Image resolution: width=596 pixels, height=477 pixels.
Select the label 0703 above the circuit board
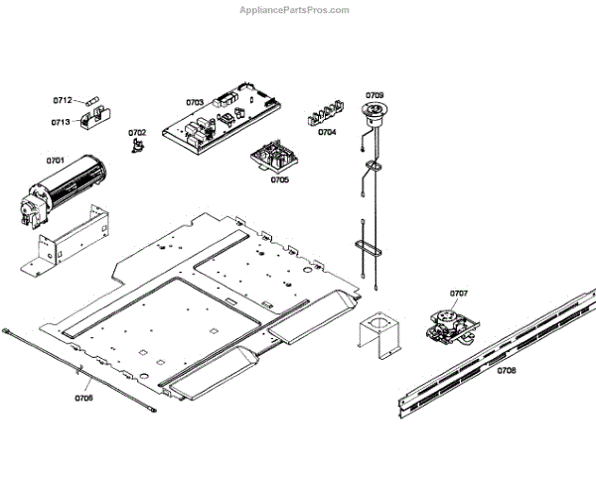pyautogui.click(x=195, y=101)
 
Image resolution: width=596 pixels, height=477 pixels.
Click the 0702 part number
pyautogui.click(x=136, y=132)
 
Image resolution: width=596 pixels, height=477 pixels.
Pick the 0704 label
pyautogui.click(x=327, y=132)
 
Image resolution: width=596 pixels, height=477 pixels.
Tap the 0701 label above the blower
pyautogui.click(x=56, y=159)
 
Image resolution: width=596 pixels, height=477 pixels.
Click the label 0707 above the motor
pyautogui.click(x=458, y=294)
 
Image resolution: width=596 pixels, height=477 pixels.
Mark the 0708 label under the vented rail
pyautogui.click(x=506, y=370)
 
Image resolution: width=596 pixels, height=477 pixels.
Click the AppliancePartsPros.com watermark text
pyautogui.click(x=295, y=10)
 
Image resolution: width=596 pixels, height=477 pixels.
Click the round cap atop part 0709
pyautogui.click(x=375, y=109)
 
